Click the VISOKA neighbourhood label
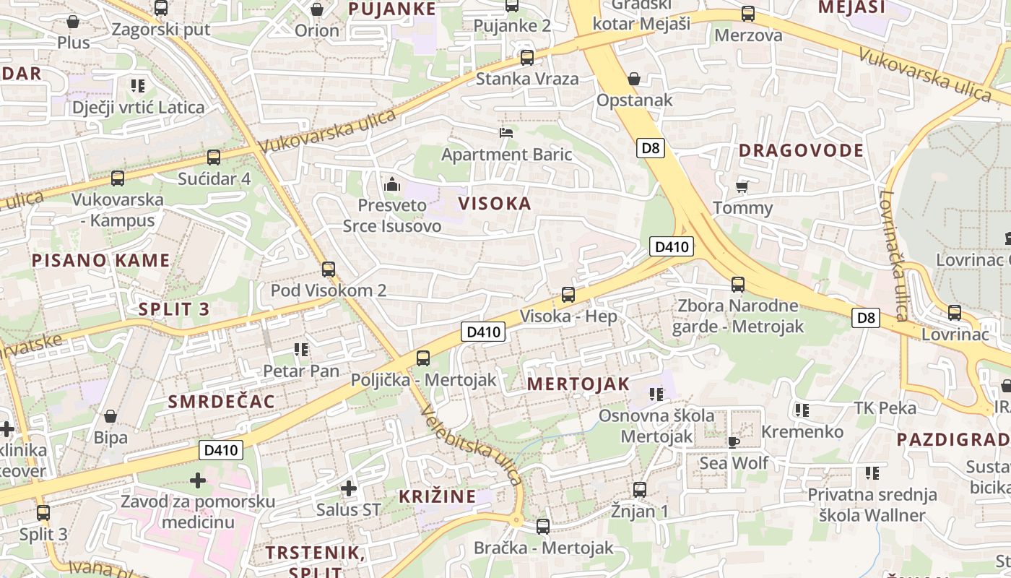click(495, 204)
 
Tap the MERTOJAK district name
click(578, 384)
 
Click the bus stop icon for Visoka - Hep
click(568, 295)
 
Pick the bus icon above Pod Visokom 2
click(329, 269)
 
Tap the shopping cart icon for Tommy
click(742, 186)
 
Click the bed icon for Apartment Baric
click(506, 133)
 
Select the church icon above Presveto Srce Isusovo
click(392, 184)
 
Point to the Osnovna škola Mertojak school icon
click(656, 394)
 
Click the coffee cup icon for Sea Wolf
click(734, 441)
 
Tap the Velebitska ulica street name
click(471, 446)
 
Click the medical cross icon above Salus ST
click(349, 488)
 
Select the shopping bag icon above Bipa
click(110, 416)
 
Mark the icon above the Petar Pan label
click(301, 350)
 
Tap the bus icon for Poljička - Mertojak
click(423, 358)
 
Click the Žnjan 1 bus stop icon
click(639, 490)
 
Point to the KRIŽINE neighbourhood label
click(438, 496)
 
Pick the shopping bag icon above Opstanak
click(634, 79)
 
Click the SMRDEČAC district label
click(222, 402)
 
